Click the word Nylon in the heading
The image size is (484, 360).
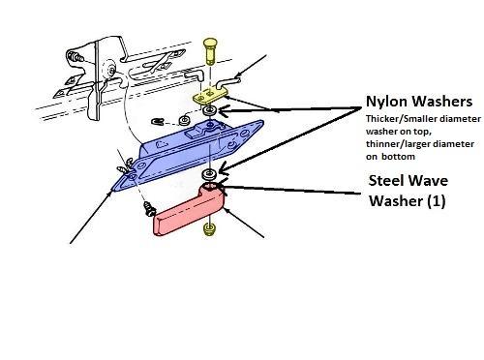click(x=386, y=102)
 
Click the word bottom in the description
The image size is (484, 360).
click(x=398, y=157)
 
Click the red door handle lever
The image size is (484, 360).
click(x=189, y=210)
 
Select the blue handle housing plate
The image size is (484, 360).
click(x=187, y=155)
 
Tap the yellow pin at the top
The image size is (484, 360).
click(x=210, y=51)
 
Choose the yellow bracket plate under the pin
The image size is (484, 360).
click(x=210, y=96)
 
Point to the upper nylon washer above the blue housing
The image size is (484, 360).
click(x=210, y=111)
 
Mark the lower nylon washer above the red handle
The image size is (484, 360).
click(x=209, y=174)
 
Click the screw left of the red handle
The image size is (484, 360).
click(x=150, y=209)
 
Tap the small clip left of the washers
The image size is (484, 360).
click(x=157, y=121)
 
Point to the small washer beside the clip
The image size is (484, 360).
click(x=184, y=121)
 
